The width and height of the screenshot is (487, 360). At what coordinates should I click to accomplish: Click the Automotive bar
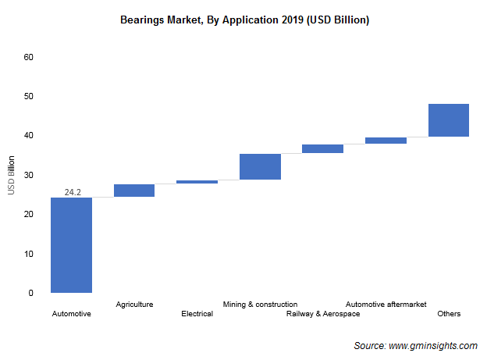(71, 244)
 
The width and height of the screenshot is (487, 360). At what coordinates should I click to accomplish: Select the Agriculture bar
(134, 190)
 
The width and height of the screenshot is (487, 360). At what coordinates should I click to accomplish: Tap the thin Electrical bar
(197, 182)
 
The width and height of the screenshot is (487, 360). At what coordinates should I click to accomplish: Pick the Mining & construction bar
(260, 166)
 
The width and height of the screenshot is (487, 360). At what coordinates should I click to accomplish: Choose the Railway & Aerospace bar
(322, 148)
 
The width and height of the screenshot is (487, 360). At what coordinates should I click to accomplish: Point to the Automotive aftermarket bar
(386, 141)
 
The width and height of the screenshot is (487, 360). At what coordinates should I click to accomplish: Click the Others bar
(448, 119)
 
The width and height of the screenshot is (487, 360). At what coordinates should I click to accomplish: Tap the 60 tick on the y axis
(29, 57)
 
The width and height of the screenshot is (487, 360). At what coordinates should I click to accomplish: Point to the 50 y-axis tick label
(29, 96)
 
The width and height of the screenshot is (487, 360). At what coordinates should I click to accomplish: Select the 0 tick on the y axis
(31, 293)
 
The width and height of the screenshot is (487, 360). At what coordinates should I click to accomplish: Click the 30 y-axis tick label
(29, 175)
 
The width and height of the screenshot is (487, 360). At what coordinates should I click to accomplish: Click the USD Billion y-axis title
(12, 175)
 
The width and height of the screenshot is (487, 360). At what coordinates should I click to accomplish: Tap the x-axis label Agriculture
(134, 304)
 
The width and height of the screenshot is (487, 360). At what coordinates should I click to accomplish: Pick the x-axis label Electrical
(197, 314)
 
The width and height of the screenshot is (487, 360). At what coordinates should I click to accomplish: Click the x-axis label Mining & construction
(260, 304)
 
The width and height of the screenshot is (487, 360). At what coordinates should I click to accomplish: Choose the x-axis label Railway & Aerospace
(323, 314)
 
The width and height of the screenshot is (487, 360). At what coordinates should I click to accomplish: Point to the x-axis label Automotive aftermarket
(386, 304)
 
